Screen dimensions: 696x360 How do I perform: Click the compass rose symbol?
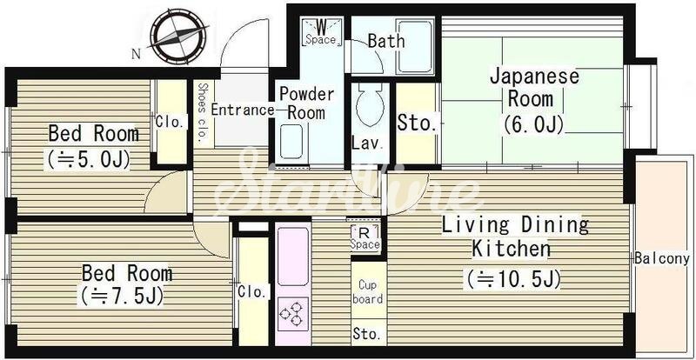(x=178, y=36)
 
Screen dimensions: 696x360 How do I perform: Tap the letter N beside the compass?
(x=137, y=55)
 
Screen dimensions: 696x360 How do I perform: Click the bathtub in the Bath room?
(x=414, y=46)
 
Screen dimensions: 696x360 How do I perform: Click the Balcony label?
(x=662, y=258)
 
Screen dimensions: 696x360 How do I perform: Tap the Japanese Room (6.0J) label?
(x=533, y=101)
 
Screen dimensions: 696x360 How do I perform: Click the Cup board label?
(x=367, y=291)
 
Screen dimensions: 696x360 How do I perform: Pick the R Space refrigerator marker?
(x=365, y=238)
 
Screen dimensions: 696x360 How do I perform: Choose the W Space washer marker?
(x=321, y=31)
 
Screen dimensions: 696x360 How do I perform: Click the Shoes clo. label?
(x=203, y=113)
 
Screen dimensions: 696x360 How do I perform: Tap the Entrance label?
(x=242, y=110)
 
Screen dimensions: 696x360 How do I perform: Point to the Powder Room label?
(x=306, y=103)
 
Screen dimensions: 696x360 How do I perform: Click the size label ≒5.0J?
(x=89, y=159)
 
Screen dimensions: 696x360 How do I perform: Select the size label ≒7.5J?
(x=121, y=295)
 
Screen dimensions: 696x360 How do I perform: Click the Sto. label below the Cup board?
(x=367, y=334)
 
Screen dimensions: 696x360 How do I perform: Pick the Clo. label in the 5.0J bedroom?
(x=170, y=122)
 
